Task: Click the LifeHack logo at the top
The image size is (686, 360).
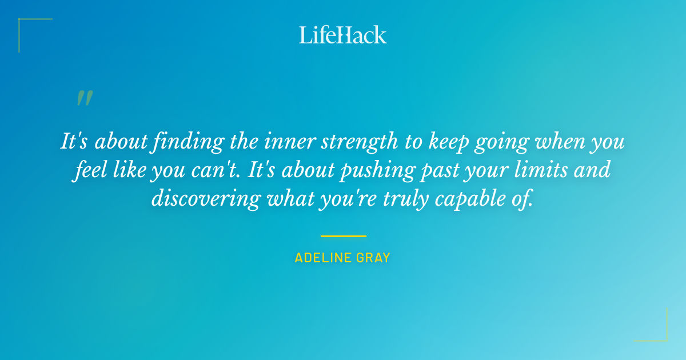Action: point(343,35)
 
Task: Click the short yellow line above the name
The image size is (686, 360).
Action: point(343,236)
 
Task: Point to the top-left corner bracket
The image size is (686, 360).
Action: point(23,23)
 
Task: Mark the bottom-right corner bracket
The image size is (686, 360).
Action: point(663,337)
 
